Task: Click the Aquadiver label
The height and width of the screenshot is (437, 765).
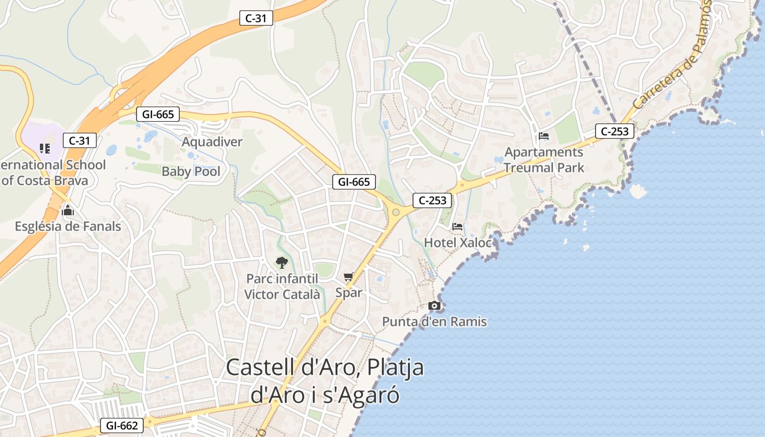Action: pos(212,142)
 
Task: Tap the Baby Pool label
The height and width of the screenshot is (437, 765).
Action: pos(191,172)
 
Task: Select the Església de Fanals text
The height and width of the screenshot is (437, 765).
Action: pos(68,226)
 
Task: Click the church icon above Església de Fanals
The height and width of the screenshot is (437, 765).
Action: pos(68,210)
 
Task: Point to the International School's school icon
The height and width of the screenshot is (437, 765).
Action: pos(45,148)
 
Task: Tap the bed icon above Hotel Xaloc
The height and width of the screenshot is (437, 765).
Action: pos(457,226)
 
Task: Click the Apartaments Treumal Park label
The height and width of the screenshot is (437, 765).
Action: pos(544,160)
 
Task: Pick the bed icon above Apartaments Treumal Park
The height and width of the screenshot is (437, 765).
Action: pos(543,136)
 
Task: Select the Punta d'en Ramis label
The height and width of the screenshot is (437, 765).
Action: pos(434,322)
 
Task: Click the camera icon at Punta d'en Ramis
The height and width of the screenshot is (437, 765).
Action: pos(434,305)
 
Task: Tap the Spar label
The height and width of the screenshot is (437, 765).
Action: pos(349,293)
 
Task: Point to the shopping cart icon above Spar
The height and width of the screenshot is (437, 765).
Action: pos(349,277)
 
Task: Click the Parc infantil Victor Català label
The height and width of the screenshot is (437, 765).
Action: pos(282,287)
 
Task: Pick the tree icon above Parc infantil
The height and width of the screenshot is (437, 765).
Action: pos(281,263)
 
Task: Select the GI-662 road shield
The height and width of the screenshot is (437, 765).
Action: pos(121,426)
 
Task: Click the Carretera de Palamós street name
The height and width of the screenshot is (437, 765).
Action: pos(672,55)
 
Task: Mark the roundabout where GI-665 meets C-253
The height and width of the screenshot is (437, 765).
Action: pos(396,212)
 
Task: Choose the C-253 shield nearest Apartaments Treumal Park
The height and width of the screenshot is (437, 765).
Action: pos(615,131)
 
